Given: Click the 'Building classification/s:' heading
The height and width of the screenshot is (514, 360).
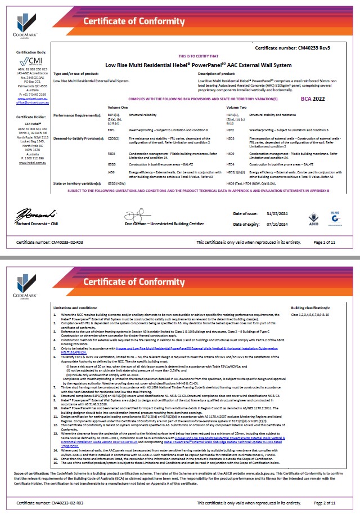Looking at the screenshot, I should coord(310,308).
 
